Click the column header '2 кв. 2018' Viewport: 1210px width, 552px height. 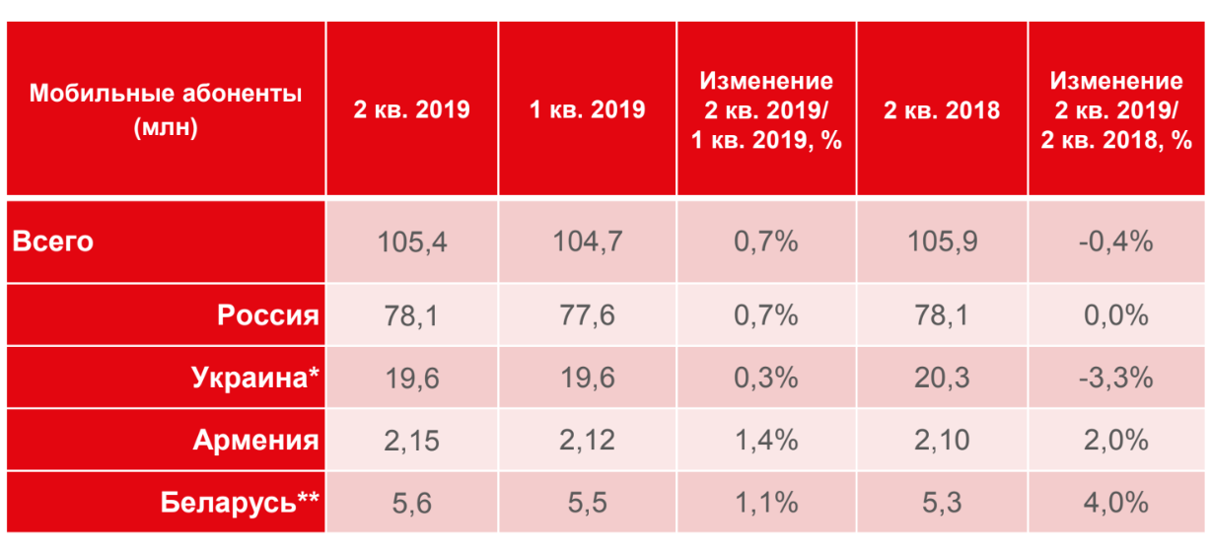pos(941,109)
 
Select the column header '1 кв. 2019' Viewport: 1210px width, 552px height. pos(587,109)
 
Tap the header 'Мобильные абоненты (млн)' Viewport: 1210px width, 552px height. pos(166,109)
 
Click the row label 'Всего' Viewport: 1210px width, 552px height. pos(53,241)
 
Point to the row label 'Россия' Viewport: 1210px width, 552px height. pos(268,315)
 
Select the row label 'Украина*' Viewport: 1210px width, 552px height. pos(257,378)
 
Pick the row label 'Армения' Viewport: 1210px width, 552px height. pos(256,440)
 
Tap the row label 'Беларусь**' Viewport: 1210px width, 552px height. pos(240,502)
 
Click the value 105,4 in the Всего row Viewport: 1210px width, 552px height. pos(412,241)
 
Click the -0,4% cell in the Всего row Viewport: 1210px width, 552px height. pos(1116,241)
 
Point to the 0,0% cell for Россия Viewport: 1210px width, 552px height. pos(1116,315)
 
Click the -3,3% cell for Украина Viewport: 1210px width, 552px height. pos(1116,378)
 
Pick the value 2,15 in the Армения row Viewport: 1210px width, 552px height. pos(412,440)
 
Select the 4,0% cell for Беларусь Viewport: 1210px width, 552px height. pos(1116,502)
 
